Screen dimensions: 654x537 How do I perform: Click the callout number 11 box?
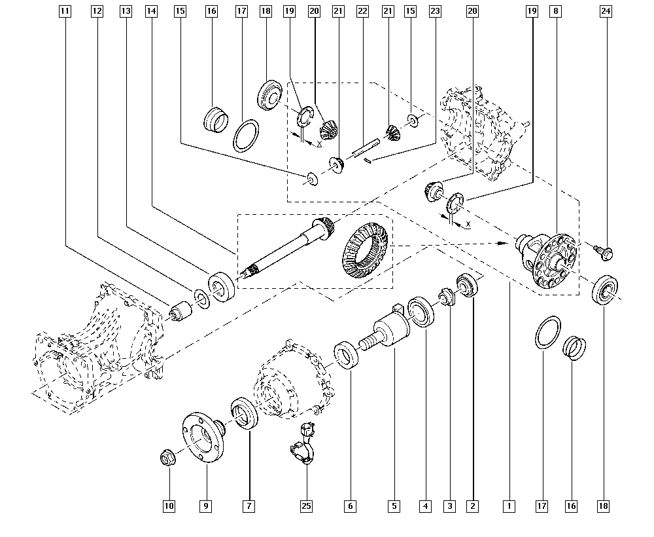(x=65, y=11)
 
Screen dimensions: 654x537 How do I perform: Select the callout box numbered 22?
(x=363, y=11)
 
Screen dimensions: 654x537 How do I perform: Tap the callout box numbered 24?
(x=606, y=11)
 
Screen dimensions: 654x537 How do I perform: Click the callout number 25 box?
(x=306, y=506)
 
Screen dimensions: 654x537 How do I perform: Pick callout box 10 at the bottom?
(x=169, y=506)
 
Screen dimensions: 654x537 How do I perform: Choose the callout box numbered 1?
(x=509, y=506)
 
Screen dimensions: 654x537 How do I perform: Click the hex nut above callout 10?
(x=168, y=458)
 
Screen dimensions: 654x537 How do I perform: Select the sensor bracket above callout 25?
(x=303, y=443)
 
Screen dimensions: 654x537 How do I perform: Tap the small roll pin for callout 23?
(x=367, y=160)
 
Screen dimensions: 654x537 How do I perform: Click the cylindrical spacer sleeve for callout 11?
(x=180, y=310)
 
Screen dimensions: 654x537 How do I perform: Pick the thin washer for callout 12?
(x=202, y=298)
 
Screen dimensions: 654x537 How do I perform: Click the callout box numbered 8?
(x=555, y=11)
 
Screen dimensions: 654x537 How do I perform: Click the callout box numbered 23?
(x=435, y=11)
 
